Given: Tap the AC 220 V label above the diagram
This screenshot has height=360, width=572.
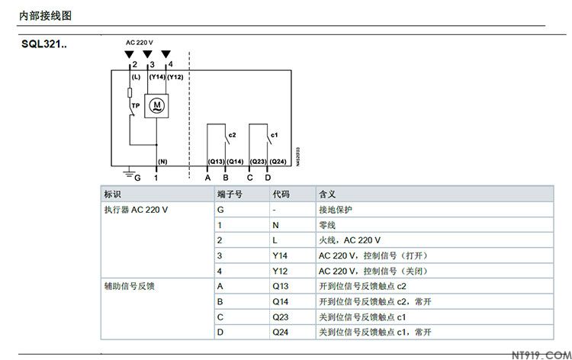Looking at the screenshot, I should [140, 42].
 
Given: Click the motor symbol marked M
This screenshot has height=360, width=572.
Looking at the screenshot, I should [156, 103].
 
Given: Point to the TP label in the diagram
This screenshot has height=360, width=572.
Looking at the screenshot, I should [136, 105].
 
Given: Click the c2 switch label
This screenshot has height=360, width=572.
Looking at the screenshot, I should [233, 135].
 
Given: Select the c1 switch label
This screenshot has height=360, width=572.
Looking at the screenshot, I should [275, 135].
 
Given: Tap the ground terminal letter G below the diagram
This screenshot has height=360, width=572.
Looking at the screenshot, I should [138, 177].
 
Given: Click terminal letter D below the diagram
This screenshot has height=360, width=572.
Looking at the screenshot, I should [268, 177].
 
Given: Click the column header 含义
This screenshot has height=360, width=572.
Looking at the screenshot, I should [326, 194].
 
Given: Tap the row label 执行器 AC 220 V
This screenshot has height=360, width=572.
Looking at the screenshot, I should [136, 209].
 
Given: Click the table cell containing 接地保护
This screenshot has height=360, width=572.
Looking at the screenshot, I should [336, 209].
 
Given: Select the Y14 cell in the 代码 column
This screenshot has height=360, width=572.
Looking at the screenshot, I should [280, 255].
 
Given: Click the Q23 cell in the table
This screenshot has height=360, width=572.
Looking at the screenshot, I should [280, 317].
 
